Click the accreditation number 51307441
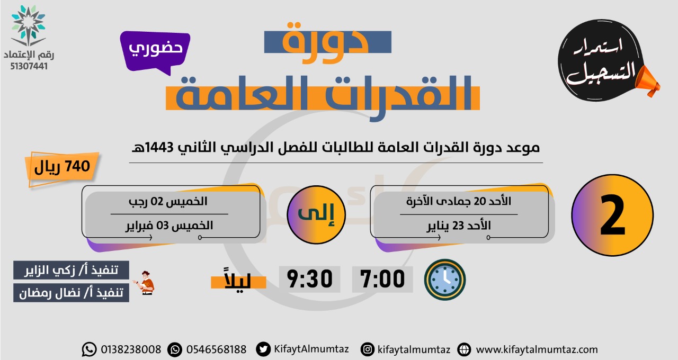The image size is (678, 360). click(29, 66)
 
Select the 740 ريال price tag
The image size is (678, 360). click(63, 168)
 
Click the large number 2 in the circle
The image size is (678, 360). click(613, 215)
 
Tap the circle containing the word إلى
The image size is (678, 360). click(316, 215)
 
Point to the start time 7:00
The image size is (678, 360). click(382, 279)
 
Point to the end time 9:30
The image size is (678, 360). click(310, 279)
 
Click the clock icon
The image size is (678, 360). click(445, 280)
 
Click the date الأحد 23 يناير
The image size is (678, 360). click(459, 226)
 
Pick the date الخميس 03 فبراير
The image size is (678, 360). click(169, 226)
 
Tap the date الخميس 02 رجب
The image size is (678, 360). click(168, 202)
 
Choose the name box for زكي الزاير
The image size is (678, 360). click(71, 270)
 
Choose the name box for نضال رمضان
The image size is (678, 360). click(71, 293)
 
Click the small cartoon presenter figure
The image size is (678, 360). click(145, 283)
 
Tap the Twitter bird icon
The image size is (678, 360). click(263, 349)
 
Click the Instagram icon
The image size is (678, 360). click(368, 349)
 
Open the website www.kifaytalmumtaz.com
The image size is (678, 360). click(537, 350)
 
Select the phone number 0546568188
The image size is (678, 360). click(216, 350)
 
